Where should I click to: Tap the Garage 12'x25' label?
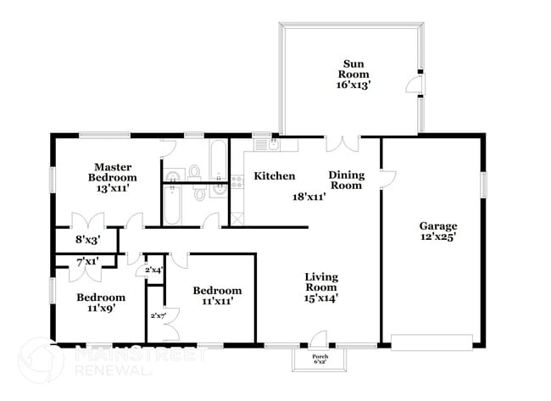point(437,232)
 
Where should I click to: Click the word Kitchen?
point(275,176)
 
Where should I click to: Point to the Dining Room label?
point(346,180)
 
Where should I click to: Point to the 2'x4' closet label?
point(154,270)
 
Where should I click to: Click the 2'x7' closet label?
point(158,315)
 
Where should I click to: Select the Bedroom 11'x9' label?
point(101,303)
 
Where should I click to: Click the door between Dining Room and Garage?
point(387,178)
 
